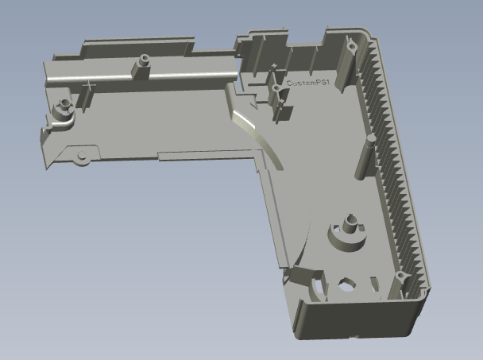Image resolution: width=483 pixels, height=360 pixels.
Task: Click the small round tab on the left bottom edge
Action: coord(80,156)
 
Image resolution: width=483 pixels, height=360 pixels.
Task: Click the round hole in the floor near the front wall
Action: coord(347,281)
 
